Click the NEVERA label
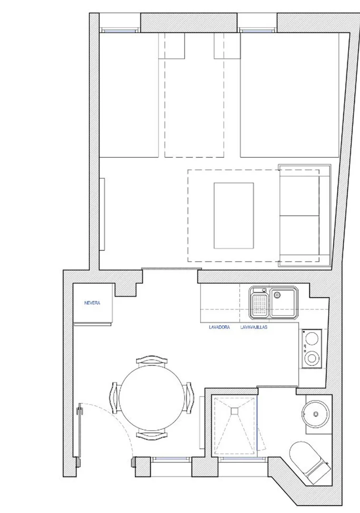tap(92, 303)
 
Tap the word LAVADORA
tap(219, 327)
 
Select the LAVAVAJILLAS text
tap(253, 327)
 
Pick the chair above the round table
tap(151, 359)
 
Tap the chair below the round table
tap(151, 434)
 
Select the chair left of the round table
tap(114, 397)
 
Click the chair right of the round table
tap(188, 397)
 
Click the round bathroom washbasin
tap(316, 414)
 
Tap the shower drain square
tap(234, 411)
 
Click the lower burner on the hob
tap(311, 358)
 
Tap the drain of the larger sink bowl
tap(278, 295)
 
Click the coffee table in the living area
tap(234, 215)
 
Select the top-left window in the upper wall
tap(120, 30)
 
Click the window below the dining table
tap(171, 459)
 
